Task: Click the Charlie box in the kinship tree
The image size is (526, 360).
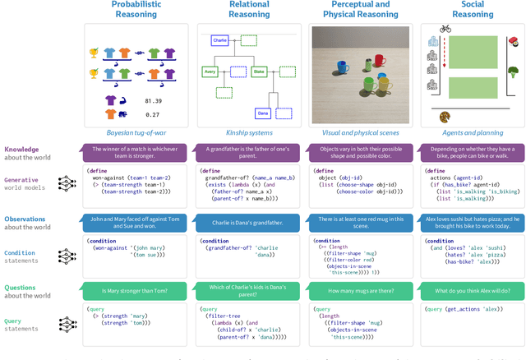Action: [x=219, y=39]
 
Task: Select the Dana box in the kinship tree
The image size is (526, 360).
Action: [x=263, y=112]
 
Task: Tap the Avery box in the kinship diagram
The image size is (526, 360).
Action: [x=211, y=72]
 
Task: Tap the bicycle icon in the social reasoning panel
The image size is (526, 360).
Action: [x=445, y=29]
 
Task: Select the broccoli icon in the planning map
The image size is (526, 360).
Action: [x=513, y=72]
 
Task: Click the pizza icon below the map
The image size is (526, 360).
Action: [x=445, y=117]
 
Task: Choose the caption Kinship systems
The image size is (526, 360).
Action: [x=249, y=132]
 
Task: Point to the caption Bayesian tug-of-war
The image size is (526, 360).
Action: [x=136, y=132]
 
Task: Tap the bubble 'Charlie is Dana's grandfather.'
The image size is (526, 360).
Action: [x=249, y=221]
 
